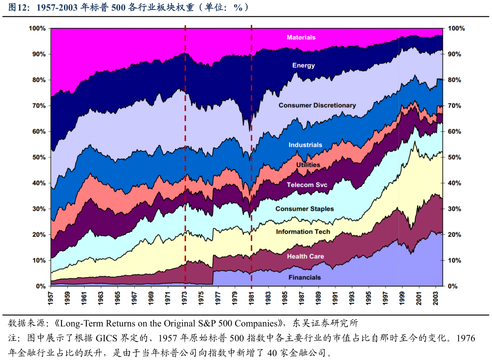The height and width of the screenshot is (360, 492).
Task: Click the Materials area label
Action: coord(301,37)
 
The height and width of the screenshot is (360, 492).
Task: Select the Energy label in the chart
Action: coord(303,65)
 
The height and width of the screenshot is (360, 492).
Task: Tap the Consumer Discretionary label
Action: coord(317,105)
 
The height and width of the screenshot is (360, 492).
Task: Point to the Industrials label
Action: coord(305,144)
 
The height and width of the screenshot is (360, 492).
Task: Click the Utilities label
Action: coord(308,165)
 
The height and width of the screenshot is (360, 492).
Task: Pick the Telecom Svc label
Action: coord(307,185)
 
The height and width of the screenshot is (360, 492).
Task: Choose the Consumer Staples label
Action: coord(304,209)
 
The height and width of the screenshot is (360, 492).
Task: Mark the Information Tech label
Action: coord(303,232)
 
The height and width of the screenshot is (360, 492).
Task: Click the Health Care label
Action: coord(305,257)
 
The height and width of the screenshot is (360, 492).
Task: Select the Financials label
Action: coord(305,278)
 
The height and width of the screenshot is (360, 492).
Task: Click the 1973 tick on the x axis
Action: coord(185,298)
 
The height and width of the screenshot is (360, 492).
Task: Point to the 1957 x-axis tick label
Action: coord(51,298)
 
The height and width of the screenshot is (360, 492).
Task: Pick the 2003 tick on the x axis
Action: coord(435,298)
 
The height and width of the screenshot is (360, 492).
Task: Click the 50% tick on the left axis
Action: coord(38,157)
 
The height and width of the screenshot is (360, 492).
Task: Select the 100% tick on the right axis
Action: coord(456,29)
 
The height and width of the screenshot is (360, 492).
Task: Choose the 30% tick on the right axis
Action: coord(454,209)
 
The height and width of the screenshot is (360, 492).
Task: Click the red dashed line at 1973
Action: coord(185,143)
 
